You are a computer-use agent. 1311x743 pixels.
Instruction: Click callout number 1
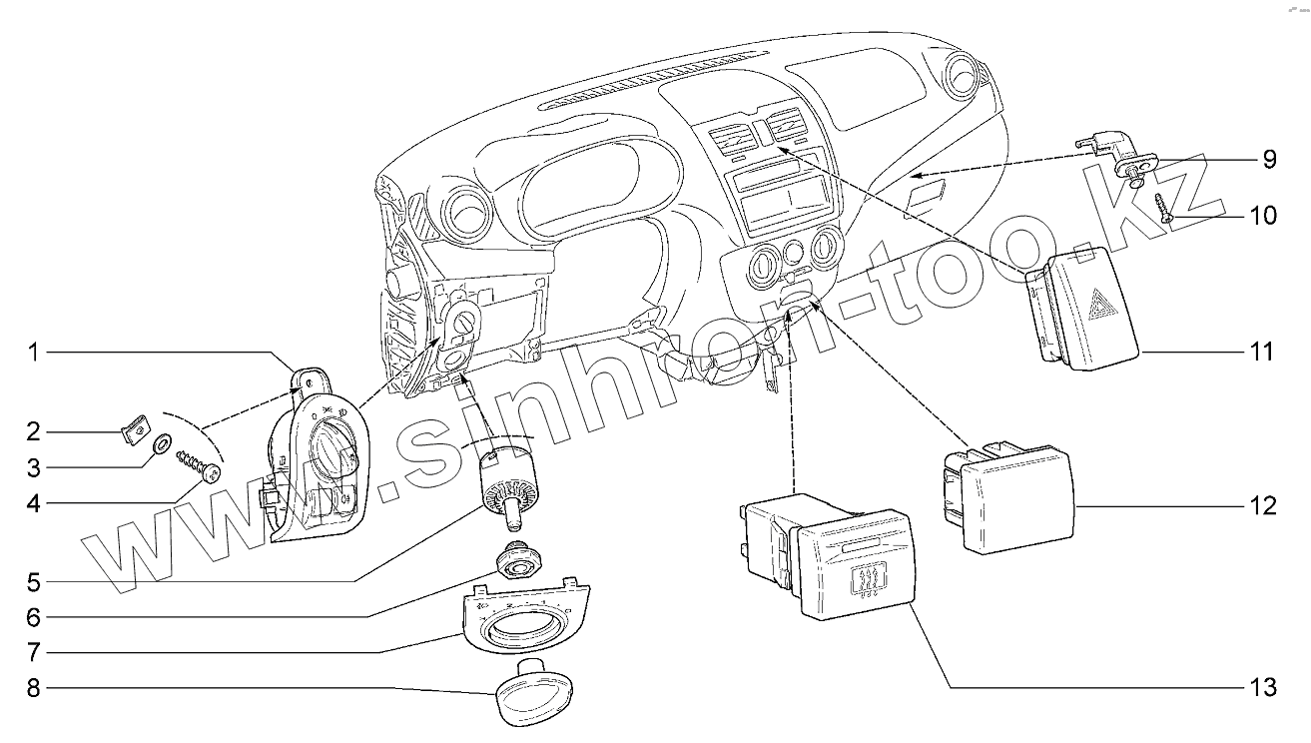point(32,352)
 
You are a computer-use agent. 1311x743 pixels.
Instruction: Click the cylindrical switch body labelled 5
point(509,481)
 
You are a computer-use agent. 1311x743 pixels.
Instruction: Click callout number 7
point(32,652)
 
